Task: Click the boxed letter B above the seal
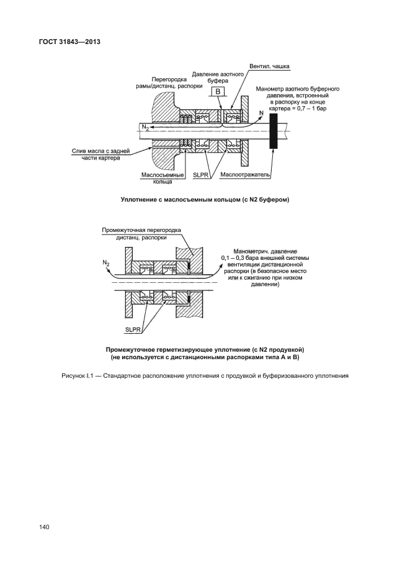[x=218, y=92]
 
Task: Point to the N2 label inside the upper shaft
[x=145, y=127]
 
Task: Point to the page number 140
[x=44, y=527]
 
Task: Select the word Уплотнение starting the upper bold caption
[x=141, y=200]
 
